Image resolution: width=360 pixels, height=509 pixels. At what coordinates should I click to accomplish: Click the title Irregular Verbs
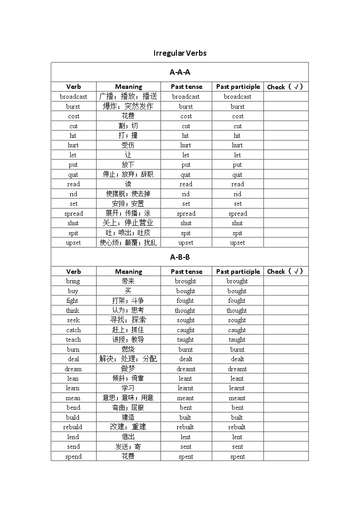tap(180, 53)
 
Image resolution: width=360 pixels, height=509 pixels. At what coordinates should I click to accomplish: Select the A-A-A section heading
tap(180, 72)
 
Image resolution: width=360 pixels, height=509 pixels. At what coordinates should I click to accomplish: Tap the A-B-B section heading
tap(180, 257)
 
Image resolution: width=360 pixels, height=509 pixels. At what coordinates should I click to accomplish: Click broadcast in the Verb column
tap(73, 97)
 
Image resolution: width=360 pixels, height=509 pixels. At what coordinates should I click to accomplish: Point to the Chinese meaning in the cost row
tap(128, 116)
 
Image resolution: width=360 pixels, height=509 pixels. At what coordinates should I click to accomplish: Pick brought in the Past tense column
tap(185, 281)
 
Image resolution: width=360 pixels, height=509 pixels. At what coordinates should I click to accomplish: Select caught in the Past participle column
tap(237, 330)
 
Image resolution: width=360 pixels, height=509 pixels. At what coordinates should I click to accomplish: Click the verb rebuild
tap(73, 427)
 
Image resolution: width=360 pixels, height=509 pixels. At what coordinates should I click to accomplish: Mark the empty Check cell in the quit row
tap(286, 175)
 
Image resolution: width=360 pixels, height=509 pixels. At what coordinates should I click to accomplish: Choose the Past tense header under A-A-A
tap(186, 87)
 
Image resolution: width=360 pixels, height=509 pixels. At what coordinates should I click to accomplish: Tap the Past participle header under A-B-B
tap(238, 271)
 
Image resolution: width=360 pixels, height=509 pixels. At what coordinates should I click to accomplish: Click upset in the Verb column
tap(73, 242)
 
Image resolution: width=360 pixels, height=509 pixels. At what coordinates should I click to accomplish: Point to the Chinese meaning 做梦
tap(128, 369)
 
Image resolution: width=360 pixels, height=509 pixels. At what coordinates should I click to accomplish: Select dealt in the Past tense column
tap(185, 359)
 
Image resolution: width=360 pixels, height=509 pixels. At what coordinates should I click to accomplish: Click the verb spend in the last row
tap(73, 456)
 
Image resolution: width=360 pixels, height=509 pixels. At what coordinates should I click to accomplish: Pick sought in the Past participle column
tap(237, 320)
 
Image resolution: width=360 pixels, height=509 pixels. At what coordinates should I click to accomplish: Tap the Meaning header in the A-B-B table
tap(128, 271)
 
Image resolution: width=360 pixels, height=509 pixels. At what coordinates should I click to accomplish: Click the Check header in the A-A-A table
tap(286, 87)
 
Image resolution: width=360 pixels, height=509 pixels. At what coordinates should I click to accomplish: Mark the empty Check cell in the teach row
tap(286, 339)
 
